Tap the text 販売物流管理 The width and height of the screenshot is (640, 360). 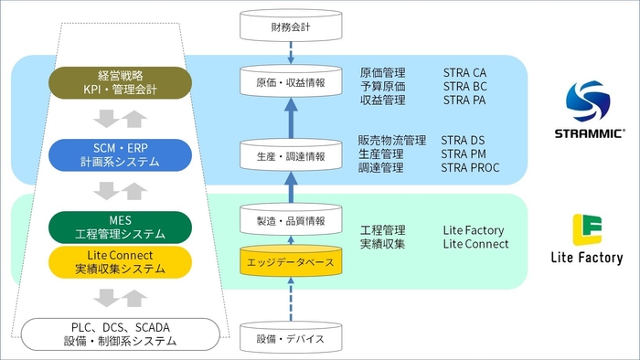(x=392, y=141)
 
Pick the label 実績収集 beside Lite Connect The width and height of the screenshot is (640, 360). (x=382, y=244)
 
